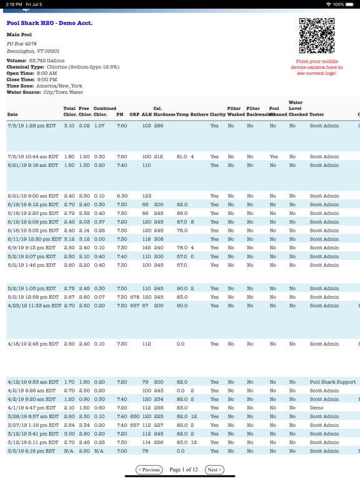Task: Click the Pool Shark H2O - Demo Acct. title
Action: pos(49,23)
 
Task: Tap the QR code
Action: pos(317,36)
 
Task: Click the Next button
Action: pos(214,469)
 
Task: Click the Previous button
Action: pos(149,469)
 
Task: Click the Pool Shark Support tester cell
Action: pos(332,381)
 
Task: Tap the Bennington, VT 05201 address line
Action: pos(33,51)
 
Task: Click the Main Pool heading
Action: pos(19,34)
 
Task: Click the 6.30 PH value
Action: pos(122,196)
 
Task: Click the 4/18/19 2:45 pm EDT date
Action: pos(31,344)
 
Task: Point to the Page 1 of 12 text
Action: pos(182,469)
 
